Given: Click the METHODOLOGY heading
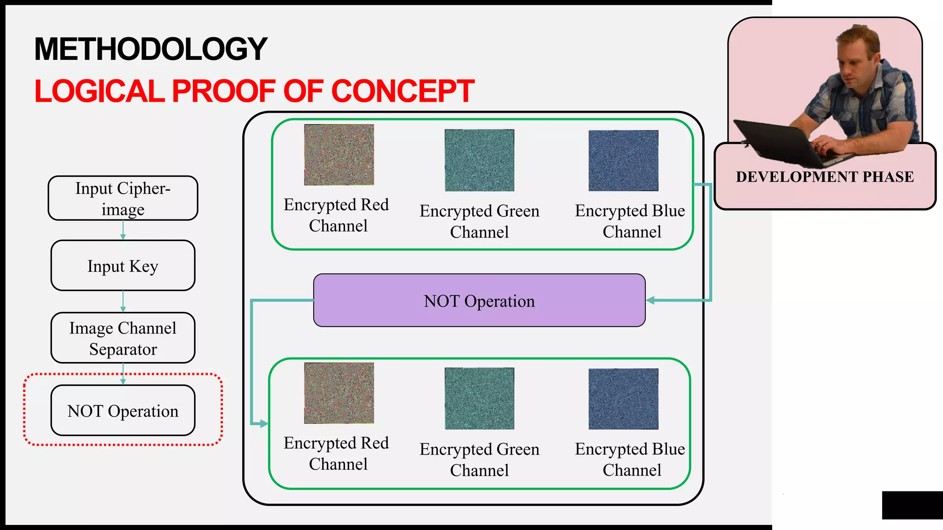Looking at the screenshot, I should coord(151,49).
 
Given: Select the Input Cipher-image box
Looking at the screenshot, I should coord(123,198).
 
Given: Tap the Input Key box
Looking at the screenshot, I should coord(123,266).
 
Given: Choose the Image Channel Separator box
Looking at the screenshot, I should coord(123,338).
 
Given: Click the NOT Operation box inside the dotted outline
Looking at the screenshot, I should coord(123,410).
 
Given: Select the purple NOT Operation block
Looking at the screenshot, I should coord(479,300).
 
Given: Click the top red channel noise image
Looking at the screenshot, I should coord(339,155).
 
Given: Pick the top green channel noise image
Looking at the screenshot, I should coord(479,160).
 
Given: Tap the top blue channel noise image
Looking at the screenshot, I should coord(623,161).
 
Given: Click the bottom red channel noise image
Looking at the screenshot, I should coord(339,393).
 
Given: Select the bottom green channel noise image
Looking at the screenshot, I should coord(479,398).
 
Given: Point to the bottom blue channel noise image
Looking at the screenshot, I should coord(623,399).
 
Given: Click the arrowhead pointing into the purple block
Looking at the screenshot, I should coord(651,300).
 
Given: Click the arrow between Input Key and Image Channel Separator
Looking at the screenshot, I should coord(123,302).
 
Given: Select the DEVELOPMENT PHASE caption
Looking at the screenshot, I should coord(825,177).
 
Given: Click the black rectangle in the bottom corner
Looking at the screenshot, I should coord(912,505).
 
